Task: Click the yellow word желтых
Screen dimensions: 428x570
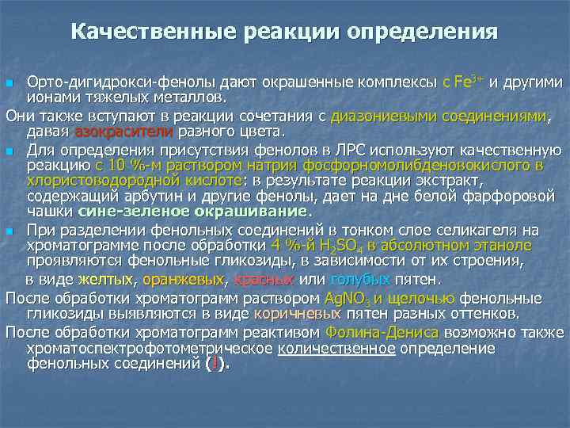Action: (x=106, y=279)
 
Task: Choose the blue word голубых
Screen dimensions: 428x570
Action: (x=359, y=279)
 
